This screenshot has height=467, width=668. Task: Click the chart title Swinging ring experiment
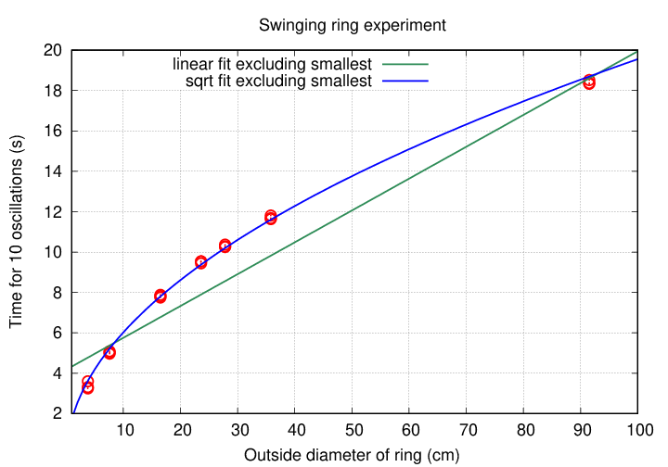[352, 25]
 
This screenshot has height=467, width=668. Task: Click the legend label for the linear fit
[273, 64]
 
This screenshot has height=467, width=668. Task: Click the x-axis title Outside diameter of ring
[352, 455]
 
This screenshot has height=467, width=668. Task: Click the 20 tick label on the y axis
[54, 50]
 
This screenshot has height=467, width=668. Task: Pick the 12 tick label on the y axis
[54, 212]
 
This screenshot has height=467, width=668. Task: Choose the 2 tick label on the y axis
[58, 414]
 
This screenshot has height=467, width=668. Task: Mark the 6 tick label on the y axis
[58, 334]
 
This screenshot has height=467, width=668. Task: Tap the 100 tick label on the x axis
[637, 430]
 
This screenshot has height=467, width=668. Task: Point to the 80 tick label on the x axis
[523, 430]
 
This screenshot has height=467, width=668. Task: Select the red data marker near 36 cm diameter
[271, 218]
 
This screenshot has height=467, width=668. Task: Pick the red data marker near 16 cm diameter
[161, 297]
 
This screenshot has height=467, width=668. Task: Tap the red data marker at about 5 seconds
[109, 352]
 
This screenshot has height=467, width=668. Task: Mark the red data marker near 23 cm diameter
[201, 262]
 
